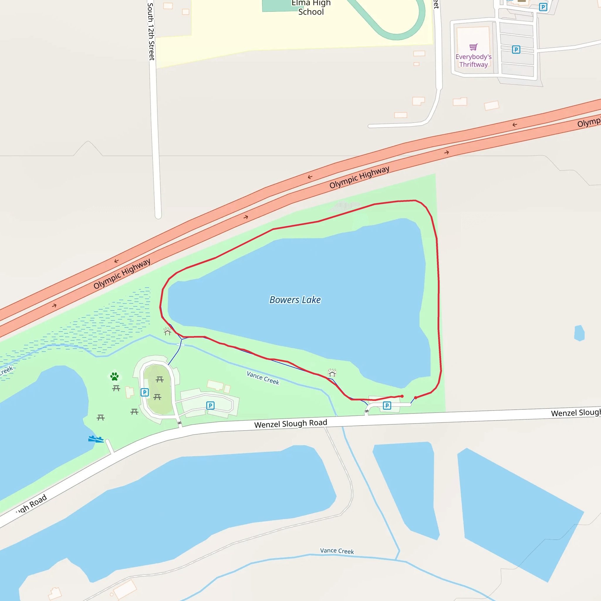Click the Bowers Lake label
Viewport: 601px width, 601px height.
pos(295,300)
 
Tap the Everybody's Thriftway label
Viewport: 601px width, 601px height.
pos(473,61)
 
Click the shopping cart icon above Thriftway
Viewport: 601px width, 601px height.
pos(473,47)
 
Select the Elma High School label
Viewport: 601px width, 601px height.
pos(311,8)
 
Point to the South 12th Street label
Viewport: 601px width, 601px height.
pos(151,31)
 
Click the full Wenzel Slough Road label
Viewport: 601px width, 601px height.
pos(291,424)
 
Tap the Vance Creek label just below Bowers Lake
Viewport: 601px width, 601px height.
pos(263,378)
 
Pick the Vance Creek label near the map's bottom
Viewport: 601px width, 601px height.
pos(337,551)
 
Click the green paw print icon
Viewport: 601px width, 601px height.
pos(114,377)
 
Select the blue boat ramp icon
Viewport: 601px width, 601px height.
pos(96,439)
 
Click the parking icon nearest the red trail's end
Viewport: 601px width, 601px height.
pos(387,406)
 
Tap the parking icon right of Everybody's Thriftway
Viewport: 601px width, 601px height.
pos(516,50)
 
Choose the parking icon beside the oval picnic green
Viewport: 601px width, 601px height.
pos(145,392)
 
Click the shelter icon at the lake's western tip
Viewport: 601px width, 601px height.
pos(168,332)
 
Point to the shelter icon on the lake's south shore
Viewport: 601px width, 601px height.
pos(332,373)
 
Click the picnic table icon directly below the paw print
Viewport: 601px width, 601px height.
pos(116,388)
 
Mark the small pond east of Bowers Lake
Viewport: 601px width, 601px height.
pos(579,333)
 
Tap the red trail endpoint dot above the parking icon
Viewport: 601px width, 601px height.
pos(402,396)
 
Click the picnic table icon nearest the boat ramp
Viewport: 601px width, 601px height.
pos(100,418)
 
